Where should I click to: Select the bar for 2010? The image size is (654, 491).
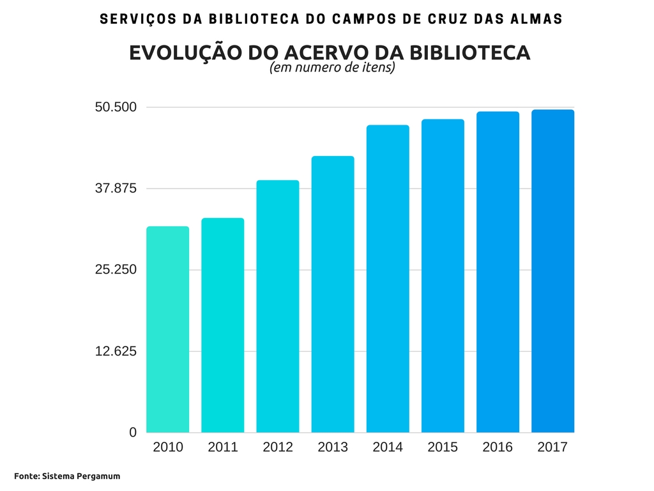point(167,329)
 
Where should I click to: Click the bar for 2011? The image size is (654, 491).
point(222,325)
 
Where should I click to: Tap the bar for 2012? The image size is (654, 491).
point(278,306)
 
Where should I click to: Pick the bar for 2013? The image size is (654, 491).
point(333,294)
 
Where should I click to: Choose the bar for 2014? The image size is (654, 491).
point(388,279)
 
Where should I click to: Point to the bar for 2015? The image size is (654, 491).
point(443,276)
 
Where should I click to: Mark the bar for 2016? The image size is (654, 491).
point(498,272)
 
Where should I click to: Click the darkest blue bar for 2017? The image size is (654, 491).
point(552,271)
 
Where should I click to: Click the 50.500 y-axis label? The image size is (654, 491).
point(116,107)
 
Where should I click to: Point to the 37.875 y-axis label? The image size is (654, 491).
point(116,189)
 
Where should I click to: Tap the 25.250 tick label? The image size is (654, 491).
point(116,270)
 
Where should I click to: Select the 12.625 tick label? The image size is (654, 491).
point(116,351)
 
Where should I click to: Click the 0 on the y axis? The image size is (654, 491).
point(133,433)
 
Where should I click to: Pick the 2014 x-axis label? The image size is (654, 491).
point(388,447)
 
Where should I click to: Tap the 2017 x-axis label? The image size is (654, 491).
point(552,447)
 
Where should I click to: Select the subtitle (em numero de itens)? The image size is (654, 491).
point(332,68)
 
